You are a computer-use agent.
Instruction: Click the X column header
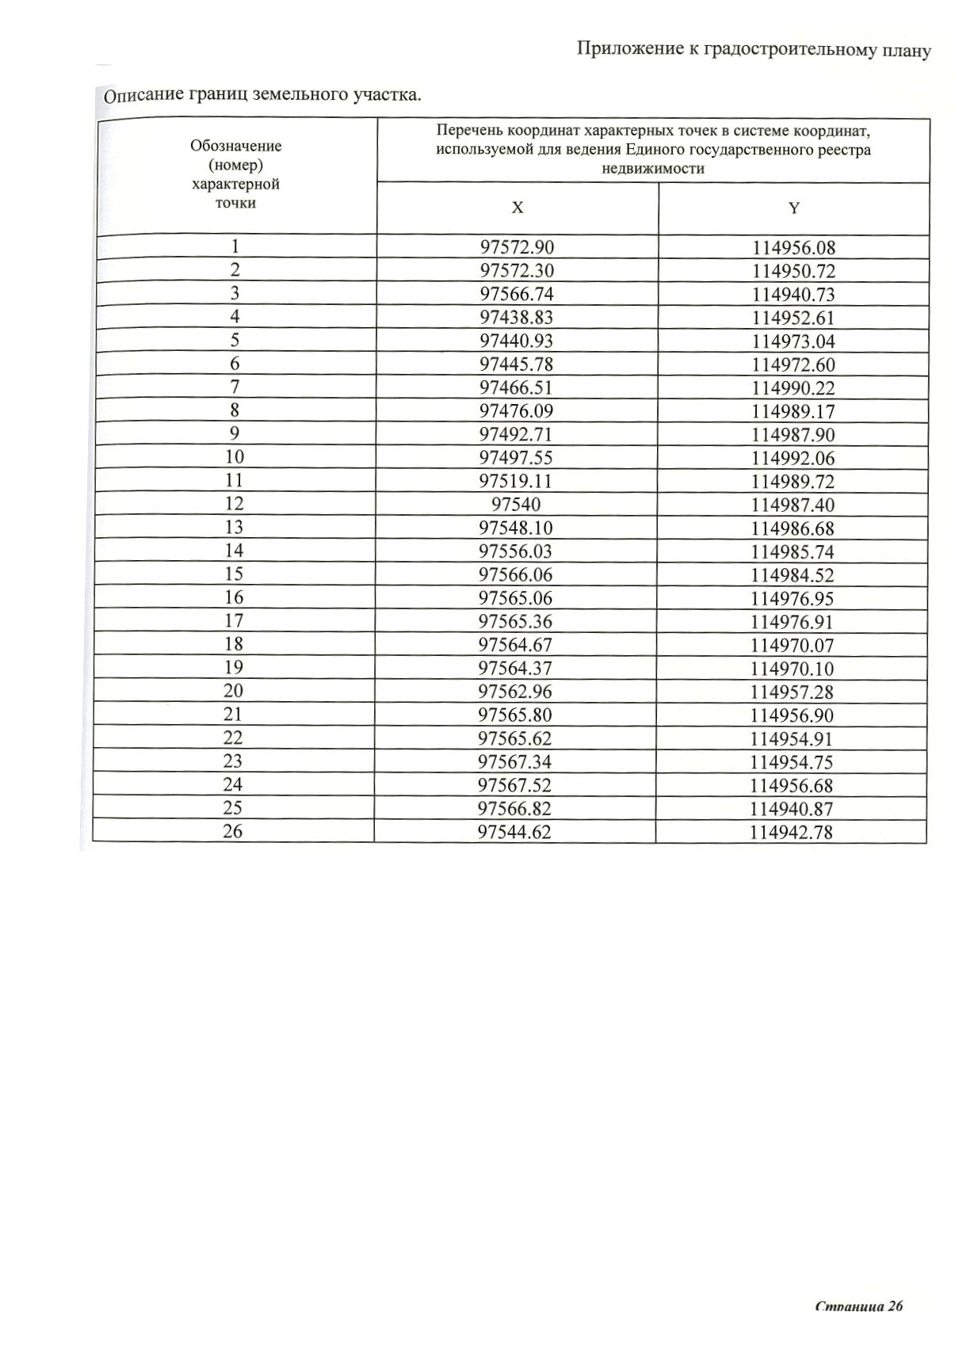[517, 208]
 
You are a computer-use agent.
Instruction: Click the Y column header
[793, 208]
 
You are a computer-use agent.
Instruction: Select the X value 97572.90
[517, 247]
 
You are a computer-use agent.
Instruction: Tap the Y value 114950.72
[793, 271]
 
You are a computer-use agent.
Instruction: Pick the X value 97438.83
[517, 318]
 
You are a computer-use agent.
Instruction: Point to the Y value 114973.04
[793, 341]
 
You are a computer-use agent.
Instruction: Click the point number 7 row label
[235, 387]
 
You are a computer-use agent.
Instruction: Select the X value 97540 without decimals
[516, 505]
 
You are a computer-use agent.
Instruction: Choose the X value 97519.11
[516, 481]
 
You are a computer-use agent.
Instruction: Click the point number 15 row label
[234, 574]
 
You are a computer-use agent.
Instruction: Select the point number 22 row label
[233, 738]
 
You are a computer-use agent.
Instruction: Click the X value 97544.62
[514, 832]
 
